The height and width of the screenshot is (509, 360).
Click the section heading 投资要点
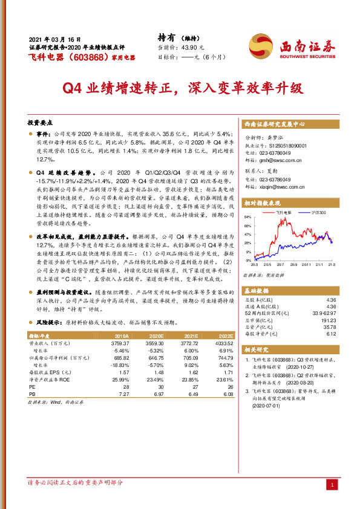pos(42,122)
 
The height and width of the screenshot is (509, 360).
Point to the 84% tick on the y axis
pos(247,216)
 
